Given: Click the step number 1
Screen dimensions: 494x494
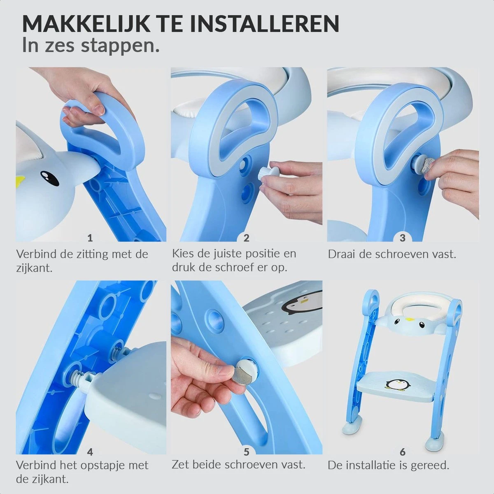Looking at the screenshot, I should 90,238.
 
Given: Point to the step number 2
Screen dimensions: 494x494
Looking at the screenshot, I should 246,238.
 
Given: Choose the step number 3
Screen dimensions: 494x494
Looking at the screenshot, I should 403,238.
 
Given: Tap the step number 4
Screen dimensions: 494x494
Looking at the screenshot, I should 90,452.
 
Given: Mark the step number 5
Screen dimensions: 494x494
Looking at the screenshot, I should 246,452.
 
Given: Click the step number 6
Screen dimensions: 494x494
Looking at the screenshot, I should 403,452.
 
